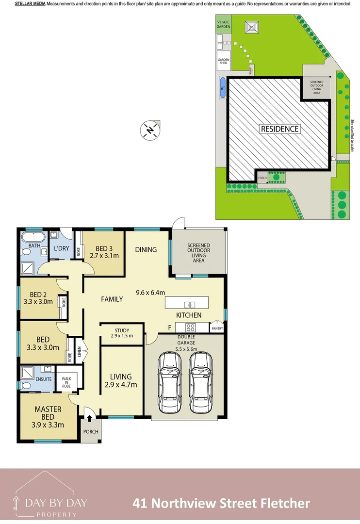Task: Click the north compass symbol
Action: point(150,130)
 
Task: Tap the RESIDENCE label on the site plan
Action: point(280,129)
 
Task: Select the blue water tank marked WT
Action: point(223,88)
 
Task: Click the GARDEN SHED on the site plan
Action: point(223,61)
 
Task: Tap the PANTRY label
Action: point(217,329)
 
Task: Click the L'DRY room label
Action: point(62,248)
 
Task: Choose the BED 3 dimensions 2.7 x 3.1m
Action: point(105,255)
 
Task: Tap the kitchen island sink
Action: point(189,305)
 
